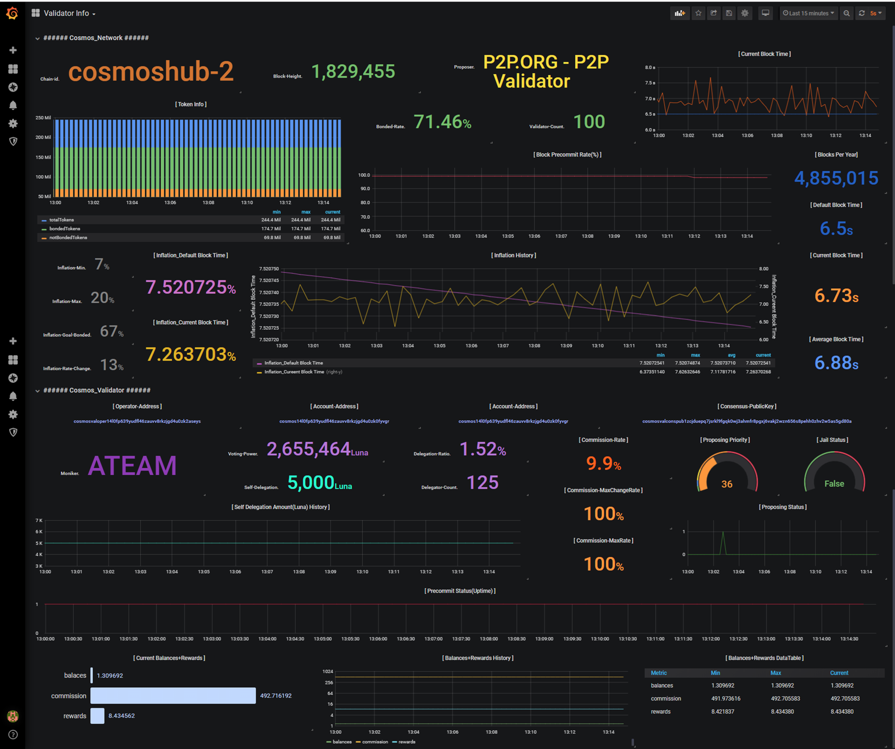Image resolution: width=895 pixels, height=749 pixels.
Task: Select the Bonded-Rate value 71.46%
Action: [x=442, y=122]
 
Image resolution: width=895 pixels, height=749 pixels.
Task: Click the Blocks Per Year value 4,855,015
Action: [x=836, y=178]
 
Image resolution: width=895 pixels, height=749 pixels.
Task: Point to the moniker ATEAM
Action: [x=132, y=466]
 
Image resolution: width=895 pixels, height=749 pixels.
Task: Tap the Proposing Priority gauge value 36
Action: [x=727, y=484]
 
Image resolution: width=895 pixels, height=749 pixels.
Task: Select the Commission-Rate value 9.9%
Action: [x=603, y=464]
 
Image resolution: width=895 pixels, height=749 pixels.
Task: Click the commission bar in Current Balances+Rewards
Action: [x=172, y=695]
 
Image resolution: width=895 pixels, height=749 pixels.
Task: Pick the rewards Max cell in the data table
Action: [x=782, y=711]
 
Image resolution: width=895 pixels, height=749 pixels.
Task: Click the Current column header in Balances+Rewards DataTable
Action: [x=839, y=673]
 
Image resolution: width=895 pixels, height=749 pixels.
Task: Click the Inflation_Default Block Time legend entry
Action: [x=293, y=363]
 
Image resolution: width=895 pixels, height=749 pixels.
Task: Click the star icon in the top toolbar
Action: [x=698, y=13]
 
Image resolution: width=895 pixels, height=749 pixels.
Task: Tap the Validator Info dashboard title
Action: [x=66, y=13]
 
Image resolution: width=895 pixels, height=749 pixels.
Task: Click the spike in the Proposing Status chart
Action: [x=723, y=532]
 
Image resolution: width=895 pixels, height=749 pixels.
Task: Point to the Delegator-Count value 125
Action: [x=482, y=483]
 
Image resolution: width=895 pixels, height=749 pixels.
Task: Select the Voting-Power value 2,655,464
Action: [x=309, y=449]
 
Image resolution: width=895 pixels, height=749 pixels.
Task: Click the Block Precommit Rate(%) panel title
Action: [x=567, y=155]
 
